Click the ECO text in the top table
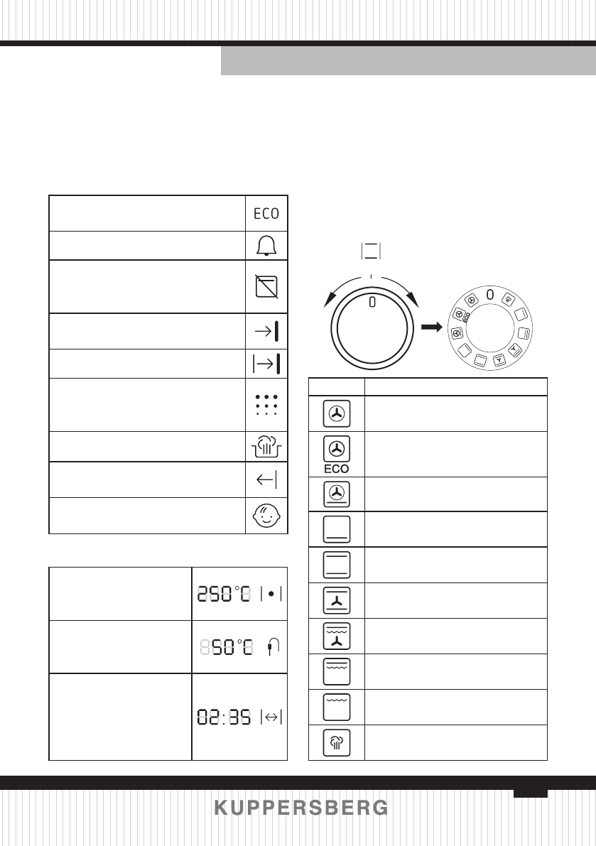[266, 214]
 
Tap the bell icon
[266, 246]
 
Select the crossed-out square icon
[266, 286]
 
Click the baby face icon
[266, 516]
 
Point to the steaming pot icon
[266, 446]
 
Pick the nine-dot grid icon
[266, 405]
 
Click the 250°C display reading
[224, 594]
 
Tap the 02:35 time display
[224, 717]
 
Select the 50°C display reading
[232, 646]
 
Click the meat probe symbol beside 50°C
[273, 646]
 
